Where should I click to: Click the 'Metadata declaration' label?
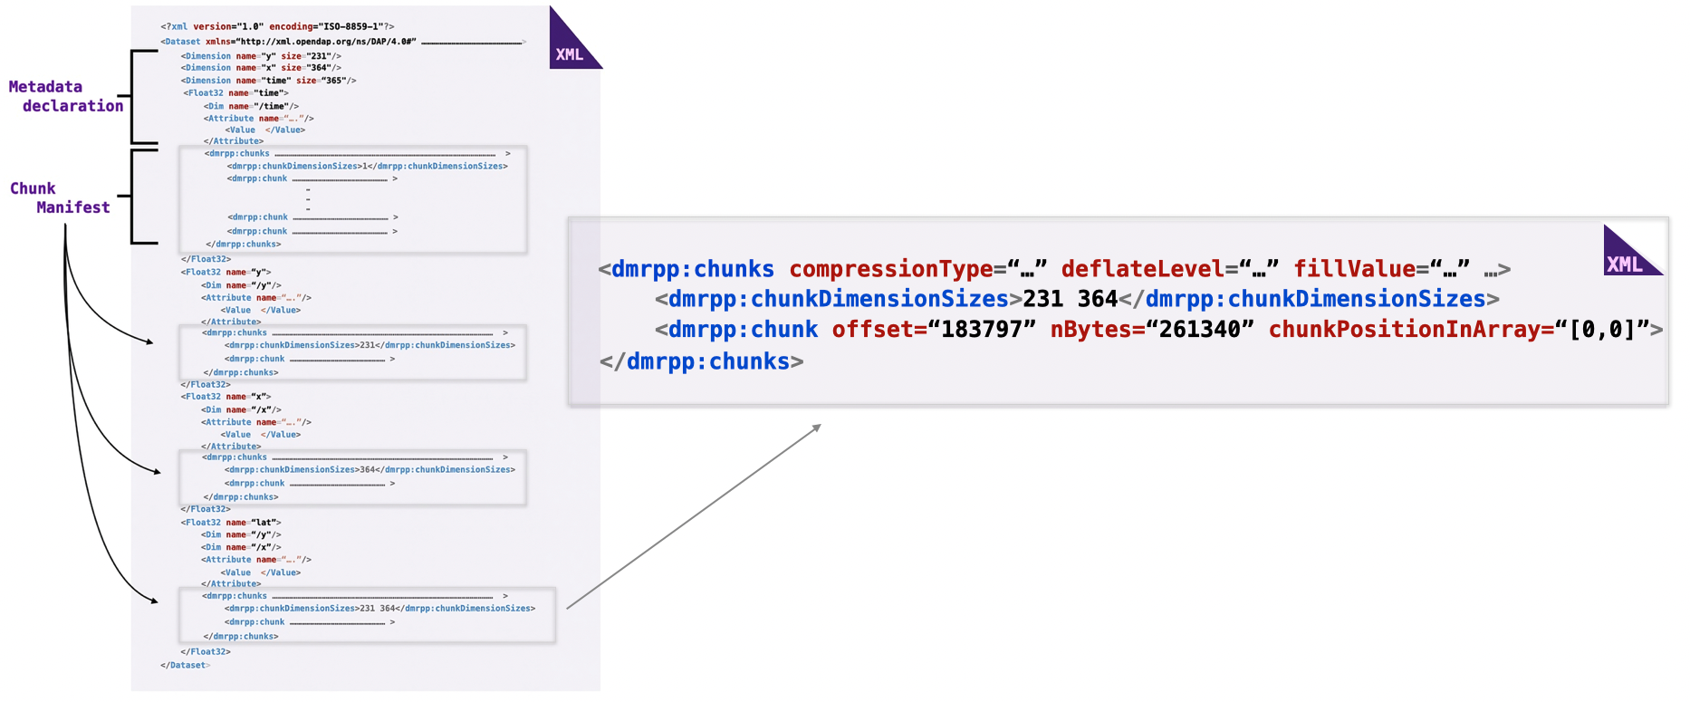(65, 96)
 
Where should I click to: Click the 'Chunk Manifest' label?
(60, 197)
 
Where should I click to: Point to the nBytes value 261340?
(1200, 330)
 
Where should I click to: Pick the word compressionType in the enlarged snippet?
(890, 269)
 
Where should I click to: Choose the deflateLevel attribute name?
(1142, 269)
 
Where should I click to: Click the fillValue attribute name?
(1354, 269)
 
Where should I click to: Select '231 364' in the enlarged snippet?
(1070, 299)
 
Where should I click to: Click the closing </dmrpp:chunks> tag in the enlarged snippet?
(701, 361)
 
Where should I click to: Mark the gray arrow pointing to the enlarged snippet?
(693, 516)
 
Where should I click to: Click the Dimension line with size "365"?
(268, 81)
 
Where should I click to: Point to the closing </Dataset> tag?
(185, 665)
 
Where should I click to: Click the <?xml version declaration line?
(277, 27)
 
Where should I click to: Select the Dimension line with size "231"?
(261, 56)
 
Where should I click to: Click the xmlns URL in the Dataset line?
(327, 42)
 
